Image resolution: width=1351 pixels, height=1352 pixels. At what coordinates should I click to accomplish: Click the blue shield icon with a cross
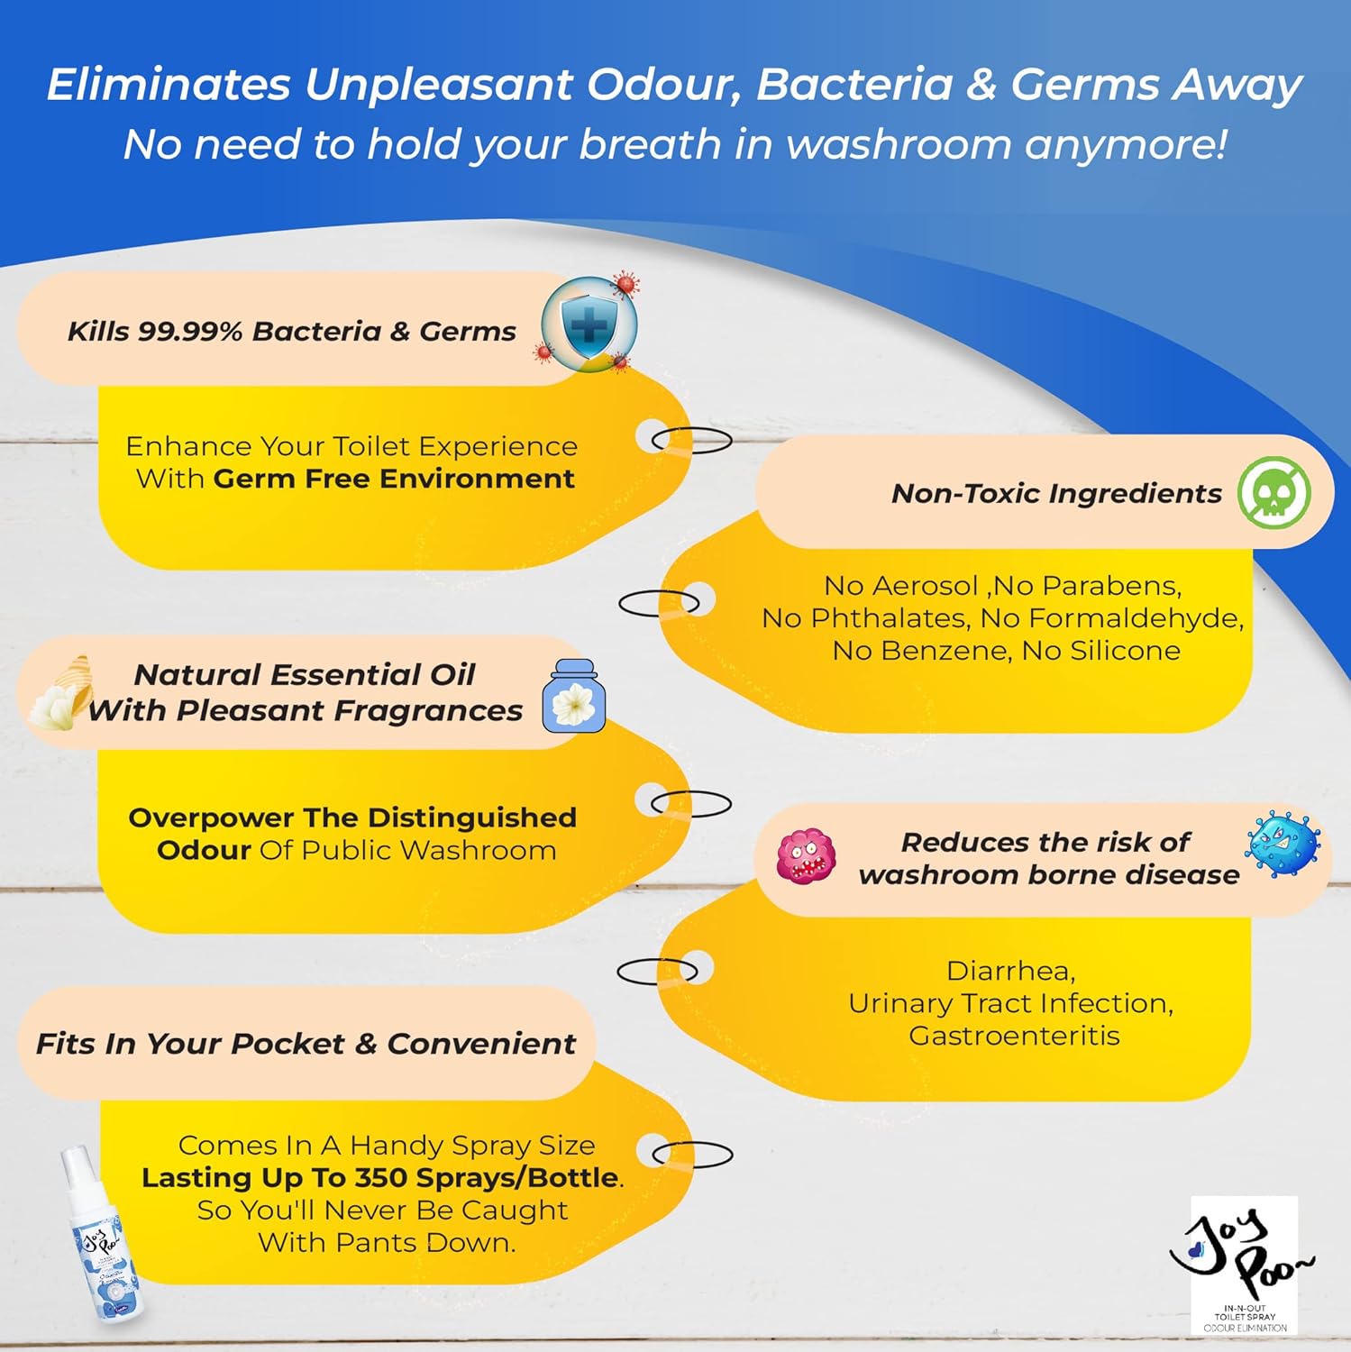(589, 324)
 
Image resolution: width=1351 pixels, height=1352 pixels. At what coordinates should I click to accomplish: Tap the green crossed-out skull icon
(1273, 492)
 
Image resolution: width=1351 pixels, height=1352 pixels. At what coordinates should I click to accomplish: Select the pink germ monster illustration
(806, 856)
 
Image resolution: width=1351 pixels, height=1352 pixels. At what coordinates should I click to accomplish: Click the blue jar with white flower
(573, 697)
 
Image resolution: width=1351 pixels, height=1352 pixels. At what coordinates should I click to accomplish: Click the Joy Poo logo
(1244, 1262)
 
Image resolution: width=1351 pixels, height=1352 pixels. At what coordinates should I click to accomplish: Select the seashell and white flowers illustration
(61, 692)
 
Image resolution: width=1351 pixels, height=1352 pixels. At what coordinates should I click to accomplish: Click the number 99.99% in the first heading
(190, 332)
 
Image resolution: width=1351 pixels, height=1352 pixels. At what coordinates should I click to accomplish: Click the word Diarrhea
(1010, 971)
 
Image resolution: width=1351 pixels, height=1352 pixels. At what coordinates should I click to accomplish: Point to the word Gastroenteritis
(1014, 1036)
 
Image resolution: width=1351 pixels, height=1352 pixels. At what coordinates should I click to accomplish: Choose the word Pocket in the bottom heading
(288, 1044)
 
